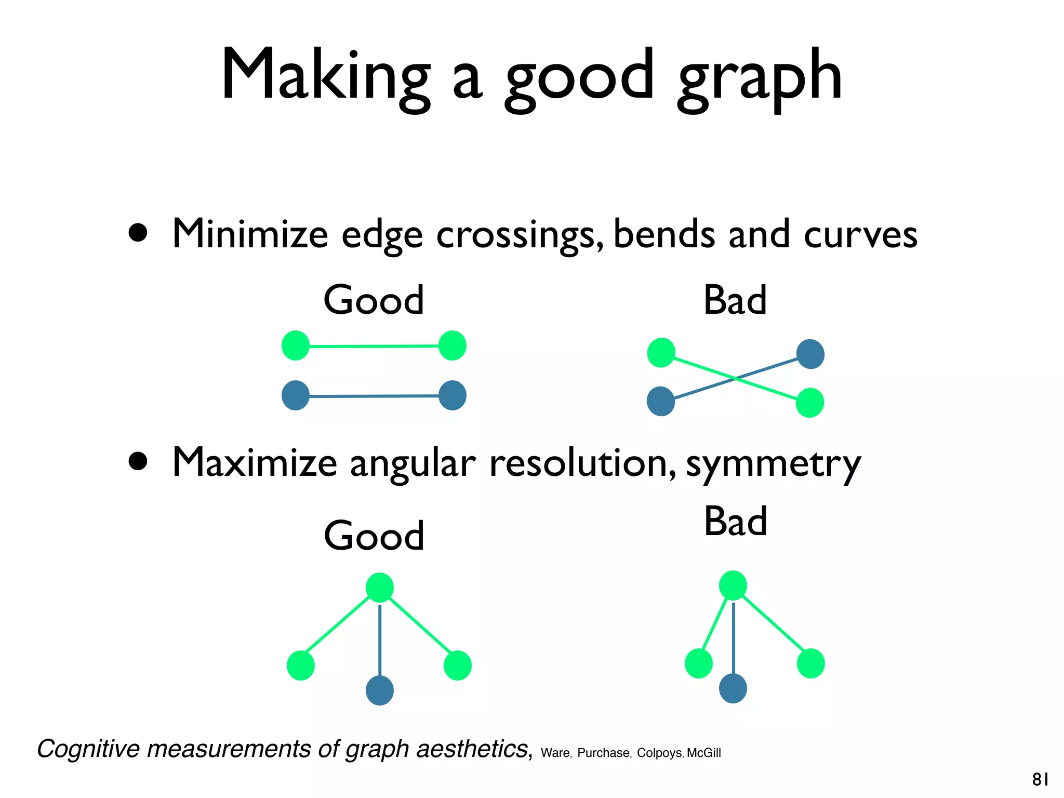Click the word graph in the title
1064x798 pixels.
click(x=760, y=78)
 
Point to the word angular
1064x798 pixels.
click(x=413, y=464)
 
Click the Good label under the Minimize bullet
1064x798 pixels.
click(x=374, y=300)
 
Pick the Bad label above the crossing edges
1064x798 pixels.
click(x=735, y=300)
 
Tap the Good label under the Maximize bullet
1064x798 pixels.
click(x=374, y=536)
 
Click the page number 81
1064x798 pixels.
click(x=1040, y=780)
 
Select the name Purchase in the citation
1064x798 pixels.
click(x=603, y=753)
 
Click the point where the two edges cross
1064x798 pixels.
click(x=735, y=379)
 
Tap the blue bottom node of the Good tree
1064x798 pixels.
click(x=380, y=690)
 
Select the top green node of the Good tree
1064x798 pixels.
click(x=380, y=588)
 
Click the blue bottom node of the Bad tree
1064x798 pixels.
click(x=733, y=688)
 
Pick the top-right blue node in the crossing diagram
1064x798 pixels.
click(x=810, y=354)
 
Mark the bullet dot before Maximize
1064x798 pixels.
click(x=138, y=461)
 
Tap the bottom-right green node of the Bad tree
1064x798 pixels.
click(x=810, y=663)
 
